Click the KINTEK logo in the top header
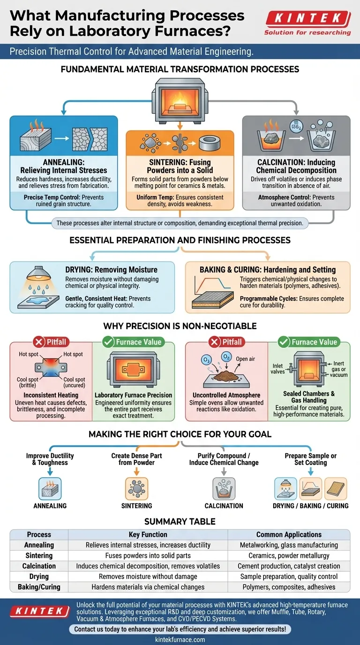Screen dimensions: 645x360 tap(307, 20)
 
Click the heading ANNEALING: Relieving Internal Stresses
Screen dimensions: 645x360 tap(64, 166)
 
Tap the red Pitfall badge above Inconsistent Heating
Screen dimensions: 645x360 tap(51, 342)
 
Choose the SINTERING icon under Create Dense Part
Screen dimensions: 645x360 tap(136, 488)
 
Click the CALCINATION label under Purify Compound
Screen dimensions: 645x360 tap(224, 506)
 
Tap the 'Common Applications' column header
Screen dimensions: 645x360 tap(289, 534)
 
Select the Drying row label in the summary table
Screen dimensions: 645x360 tap(39, 577)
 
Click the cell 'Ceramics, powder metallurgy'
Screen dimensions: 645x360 tap(289, 555)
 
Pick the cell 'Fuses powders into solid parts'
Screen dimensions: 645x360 tap(148, 555)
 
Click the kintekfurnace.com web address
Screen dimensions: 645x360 tap(180, 639)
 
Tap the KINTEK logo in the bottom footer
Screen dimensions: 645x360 tap(39, 611)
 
